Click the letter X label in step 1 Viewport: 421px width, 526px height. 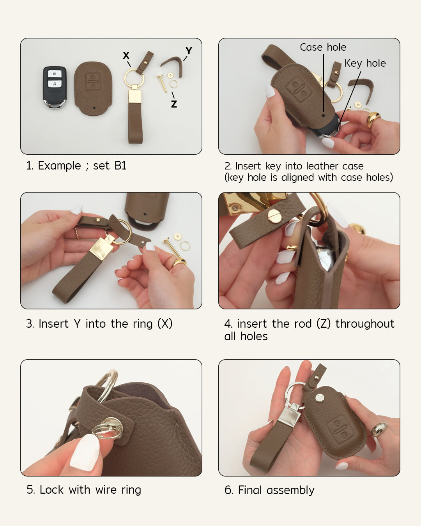(x=126, y=55)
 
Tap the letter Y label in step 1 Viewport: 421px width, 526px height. (x=189, y=51)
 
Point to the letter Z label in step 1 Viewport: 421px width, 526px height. (x=174, y=104)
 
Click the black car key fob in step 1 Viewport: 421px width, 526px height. (x=55, y=87)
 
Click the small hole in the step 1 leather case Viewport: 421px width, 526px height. (x=94, y=108)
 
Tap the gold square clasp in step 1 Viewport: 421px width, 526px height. (x=134, y=95)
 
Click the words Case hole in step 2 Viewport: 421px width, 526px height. (x=323, y=47)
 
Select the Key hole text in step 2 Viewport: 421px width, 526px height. (x=365, y=63)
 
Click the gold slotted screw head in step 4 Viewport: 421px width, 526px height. (x=273, y=216)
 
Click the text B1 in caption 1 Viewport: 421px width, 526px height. (x=120, y=166)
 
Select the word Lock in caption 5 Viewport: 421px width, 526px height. (x=51, y=490)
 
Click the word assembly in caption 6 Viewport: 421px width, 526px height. (x=290, y=491)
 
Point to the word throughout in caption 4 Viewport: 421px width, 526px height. (x=365, y=324)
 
